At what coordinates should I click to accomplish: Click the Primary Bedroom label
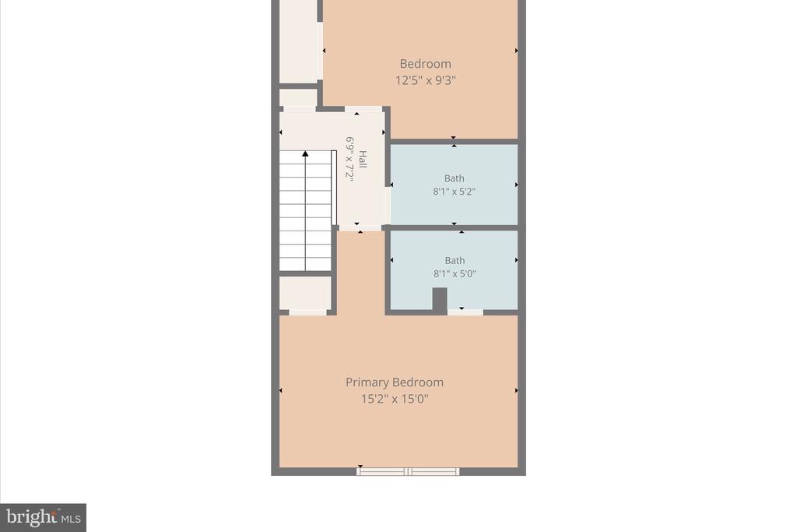point(395,382)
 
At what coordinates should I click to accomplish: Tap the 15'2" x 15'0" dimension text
point(395,399)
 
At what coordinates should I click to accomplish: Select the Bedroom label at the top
point(426,64)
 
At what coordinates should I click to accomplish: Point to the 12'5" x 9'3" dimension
point(426,80)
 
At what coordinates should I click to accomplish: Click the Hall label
point(363,159)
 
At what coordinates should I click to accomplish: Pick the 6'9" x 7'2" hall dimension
point(349,158)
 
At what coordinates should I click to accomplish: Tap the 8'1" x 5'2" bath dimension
point(454,192)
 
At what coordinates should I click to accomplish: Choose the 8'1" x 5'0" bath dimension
point(455,273)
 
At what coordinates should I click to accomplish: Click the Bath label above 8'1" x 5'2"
point(454,178)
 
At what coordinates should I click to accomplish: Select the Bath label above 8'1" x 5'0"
point(455,260)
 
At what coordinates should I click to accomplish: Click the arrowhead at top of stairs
point(305,153)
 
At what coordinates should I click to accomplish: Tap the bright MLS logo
point(44,518)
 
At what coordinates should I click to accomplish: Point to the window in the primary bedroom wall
point(408,471)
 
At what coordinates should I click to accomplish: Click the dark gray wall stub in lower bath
point(440,300)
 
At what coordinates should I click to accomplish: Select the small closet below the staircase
point(305,293)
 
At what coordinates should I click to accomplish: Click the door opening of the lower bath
point(465,312)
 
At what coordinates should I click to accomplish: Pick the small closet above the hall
point(298,97)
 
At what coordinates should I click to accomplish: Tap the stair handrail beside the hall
point(334,188)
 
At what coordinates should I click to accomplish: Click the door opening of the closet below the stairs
point(307,312)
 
